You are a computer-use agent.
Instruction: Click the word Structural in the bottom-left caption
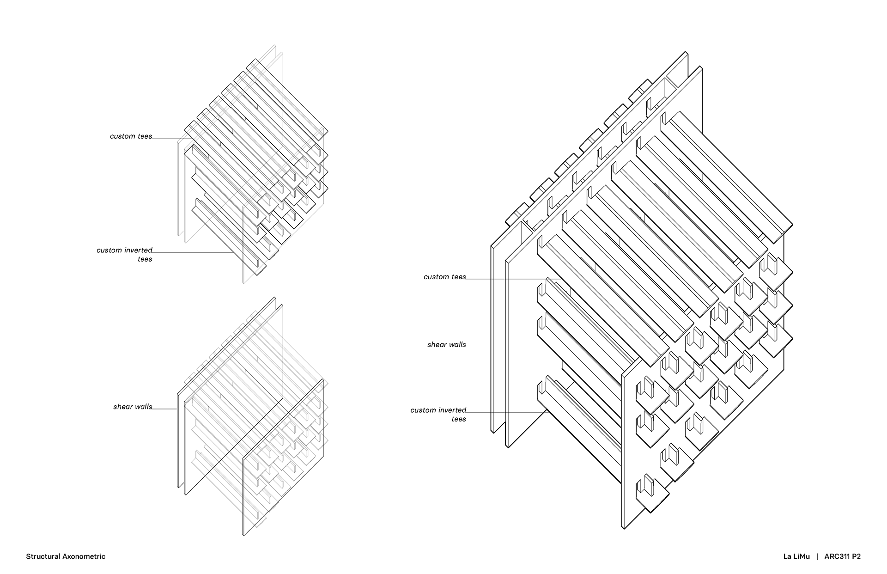point(43,556)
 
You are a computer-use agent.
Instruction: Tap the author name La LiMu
point(796,556)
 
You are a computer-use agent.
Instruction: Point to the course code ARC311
point(836,556)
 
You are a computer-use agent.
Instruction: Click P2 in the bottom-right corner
point(856,556)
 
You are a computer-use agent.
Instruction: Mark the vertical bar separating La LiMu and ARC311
point(817,556)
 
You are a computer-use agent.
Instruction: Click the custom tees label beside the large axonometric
point(445,277)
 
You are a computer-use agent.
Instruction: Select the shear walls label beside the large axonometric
point(447,344)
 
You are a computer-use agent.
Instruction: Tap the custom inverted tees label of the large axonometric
point(438,414)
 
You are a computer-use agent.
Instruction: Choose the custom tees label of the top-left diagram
point(131,136)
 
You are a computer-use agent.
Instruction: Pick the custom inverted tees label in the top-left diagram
point(124,254)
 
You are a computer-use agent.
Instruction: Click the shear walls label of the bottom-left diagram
point(133,407)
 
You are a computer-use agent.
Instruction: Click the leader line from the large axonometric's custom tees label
point(508,279)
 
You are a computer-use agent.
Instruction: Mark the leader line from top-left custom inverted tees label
point(194,252)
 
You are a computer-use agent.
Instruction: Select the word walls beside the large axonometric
point(456,344)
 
